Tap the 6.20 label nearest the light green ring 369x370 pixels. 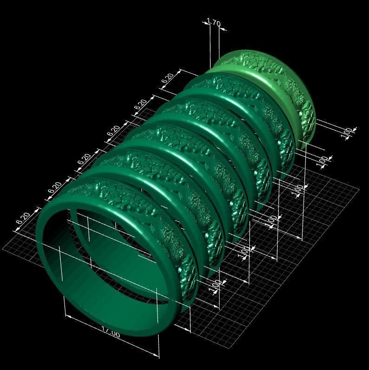click(168, 79)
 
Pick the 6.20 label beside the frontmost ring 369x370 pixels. click(24, 218)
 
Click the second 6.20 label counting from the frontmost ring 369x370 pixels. click(55, 188)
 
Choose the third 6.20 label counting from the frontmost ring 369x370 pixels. click(84, 159)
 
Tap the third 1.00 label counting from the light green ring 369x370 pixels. click(299, 189)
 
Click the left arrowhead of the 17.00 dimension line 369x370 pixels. click(68, 317)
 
